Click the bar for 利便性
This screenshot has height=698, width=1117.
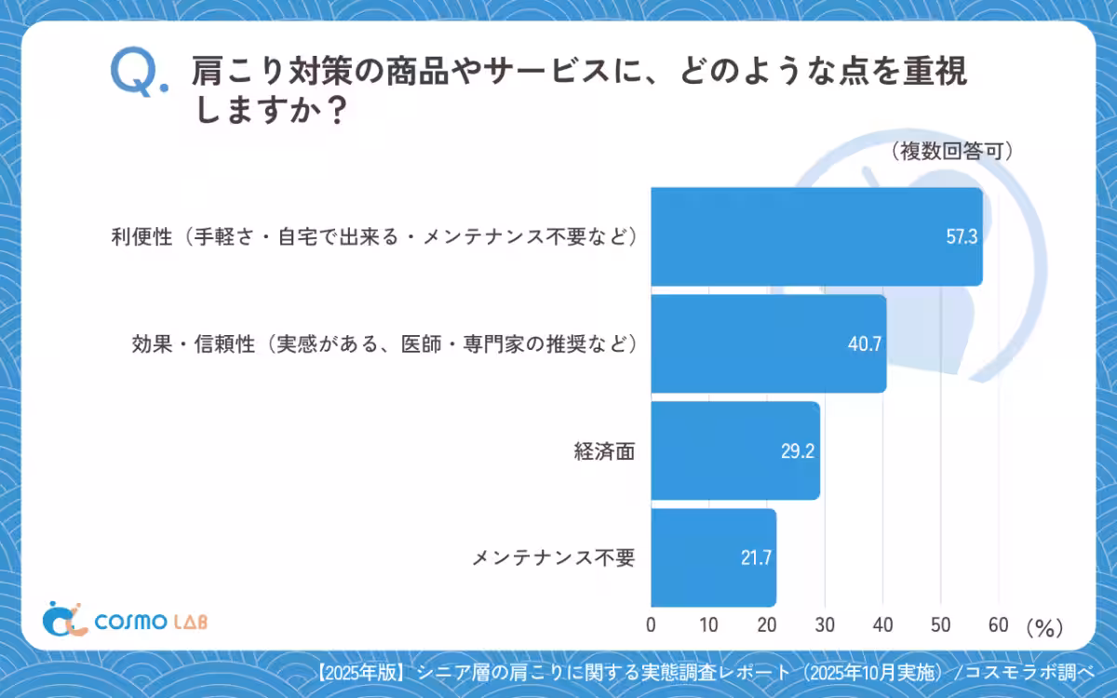(x=816, y=236)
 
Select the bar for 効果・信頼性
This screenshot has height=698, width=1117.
(x=768, y=343)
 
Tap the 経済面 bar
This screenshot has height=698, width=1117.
(x=734, y=450)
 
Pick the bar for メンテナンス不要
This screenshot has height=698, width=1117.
(x=713, y=557)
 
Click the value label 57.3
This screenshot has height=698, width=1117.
(x=961, y=236)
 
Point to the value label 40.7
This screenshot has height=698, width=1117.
(x=865, y=344)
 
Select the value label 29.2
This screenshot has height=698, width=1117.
(x=799, y=451)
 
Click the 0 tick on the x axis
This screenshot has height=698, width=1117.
(x=651, y=625)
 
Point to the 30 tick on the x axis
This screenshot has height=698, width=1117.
(x=825, y=625)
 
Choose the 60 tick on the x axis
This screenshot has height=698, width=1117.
(x=999, y=625)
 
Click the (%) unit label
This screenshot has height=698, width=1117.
(x=1044, y=628)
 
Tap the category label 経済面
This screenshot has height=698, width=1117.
(x=605, y=451)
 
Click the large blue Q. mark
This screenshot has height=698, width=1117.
(x=138, y=73)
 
